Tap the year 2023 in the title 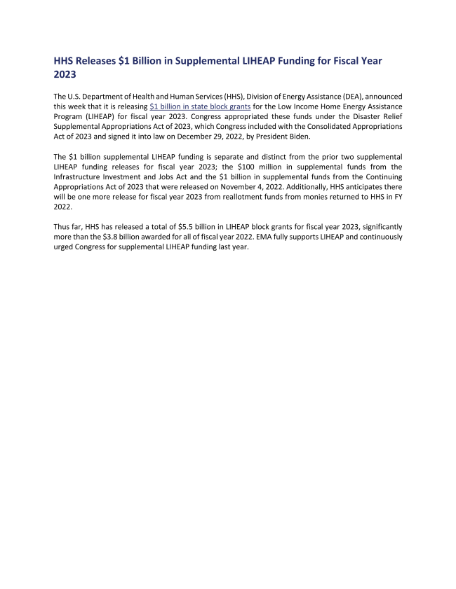pyautogui.click(x=65, y=74)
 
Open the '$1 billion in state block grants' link pyautogui.click(x=200, y=106)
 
